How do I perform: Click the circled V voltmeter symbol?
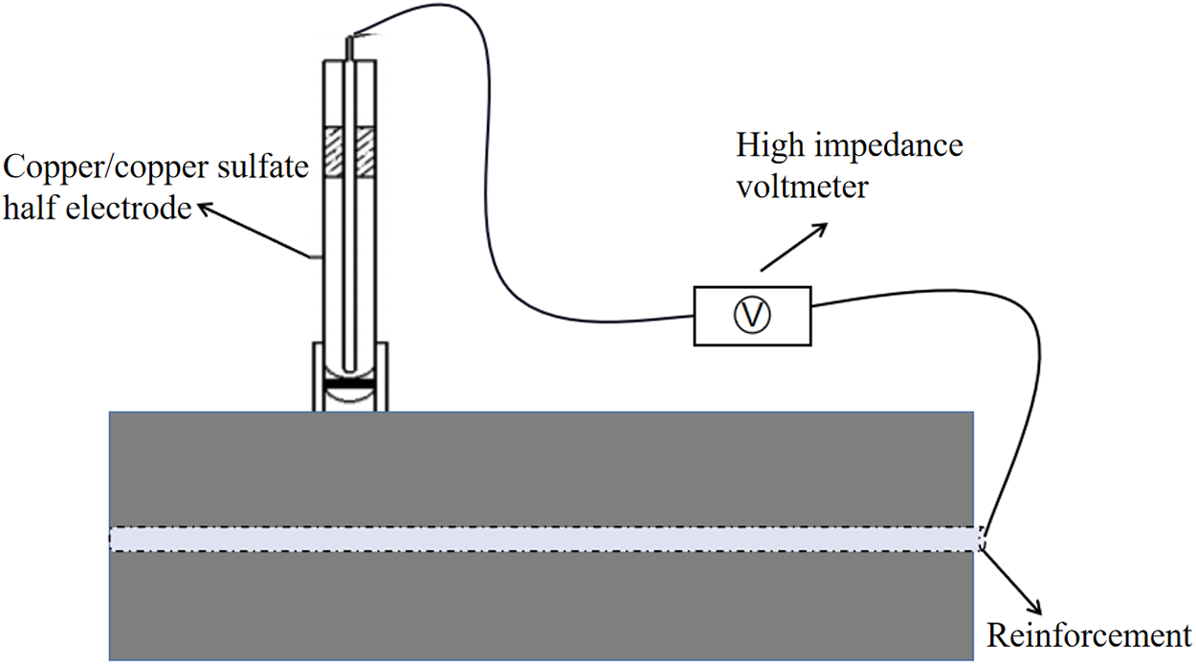752,315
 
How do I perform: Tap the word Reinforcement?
1088,635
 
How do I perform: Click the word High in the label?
764,148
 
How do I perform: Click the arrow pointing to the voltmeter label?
792,247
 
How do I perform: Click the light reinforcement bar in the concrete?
545,539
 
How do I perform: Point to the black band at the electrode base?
351,384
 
